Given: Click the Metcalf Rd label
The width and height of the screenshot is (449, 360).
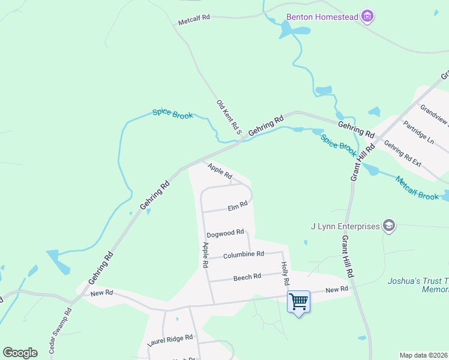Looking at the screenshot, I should pos(194,19).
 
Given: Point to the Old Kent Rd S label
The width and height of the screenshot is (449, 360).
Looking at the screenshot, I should pos(229,117).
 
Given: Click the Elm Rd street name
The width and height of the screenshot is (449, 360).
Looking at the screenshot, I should pos(238,206).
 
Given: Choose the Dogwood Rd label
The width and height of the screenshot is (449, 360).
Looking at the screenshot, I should pos(225,233).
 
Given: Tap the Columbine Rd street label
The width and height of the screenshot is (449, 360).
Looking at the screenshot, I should pos(244,254).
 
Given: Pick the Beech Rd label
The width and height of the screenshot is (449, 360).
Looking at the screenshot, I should pos(247,277).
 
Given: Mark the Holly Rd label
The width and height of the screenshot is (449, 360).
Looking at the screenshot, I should pos(285,273).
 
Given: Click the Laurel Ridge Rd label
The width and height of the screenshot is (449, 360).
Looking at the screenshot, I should pos(170,342).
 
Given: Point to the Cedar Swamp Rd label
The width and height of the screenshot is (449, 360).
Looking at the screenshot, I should pos(60,331).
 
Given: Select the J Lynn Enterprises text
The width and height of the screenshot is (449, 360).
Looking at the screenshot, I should pos(345,226).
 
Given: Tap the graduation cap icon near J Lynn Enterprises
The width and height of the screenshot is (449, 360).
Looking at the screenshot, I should pos(388,226).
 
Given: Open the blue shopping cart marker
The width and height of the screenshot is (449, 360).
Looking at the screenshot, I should pos(298,301).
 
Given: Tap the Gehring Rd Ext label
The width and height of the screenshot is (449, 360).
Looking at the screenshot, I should pos(403,154).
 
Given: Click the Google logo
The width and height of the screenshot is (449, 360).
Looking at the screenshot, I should pos(20,352).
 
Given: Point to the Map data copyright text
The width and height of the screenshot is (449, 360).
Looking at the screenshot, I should pos(424,355).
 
